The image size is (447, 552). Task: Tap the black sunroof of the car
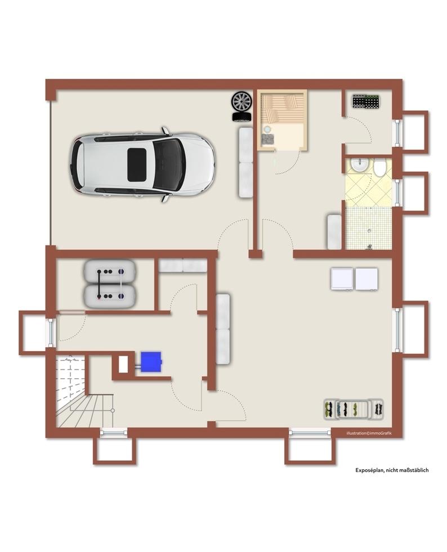(137, 165)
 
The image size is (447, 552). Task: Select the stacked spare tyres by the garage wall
(242, 107)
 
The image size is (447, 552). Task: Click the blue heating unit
(151, 362)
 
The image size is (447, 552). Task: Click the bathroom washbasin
(360, 165)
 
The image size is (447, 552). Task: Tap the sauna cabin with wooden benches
(282, 120)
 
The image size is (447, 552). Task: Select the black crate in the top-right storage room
(365, 101)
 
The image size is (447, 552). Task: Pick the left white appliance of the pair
(341, 279)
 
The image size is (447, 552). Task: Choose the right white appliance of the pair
(366, 279)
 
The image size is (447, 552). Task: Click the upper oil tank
(110, 272)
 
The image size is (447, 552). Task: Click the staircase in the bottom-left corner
(84, 391)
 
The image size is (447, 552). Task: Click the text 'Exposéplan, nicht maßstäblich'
(392, 470)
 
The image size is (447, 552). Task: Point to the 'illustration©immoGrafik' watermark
(369, 433)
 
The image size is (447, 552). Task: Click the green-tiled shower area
(368, 228)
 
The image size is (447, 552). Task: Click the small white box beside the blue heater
(123, 365)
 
